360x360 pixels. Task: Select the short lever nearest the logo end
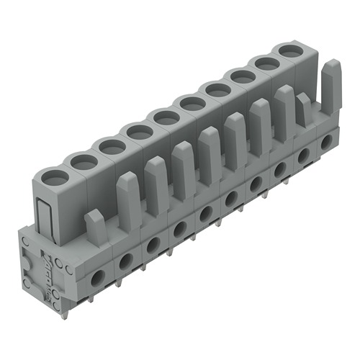pos(96,225)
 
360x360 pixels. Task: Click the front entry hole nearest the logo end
pos(96,275)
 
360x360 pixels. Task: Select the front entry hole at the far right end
pos(327,141)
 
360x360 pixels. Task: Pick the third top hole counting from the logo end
pos(113,146)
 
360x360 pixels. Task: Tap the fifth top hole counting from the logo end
pos(166,117)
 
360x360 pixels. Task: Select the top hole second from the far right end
pos(267,64)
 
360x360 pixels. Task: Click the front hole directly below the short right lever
pos(304,154)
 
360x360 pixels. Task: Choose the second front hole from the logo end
pos(125,259)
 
